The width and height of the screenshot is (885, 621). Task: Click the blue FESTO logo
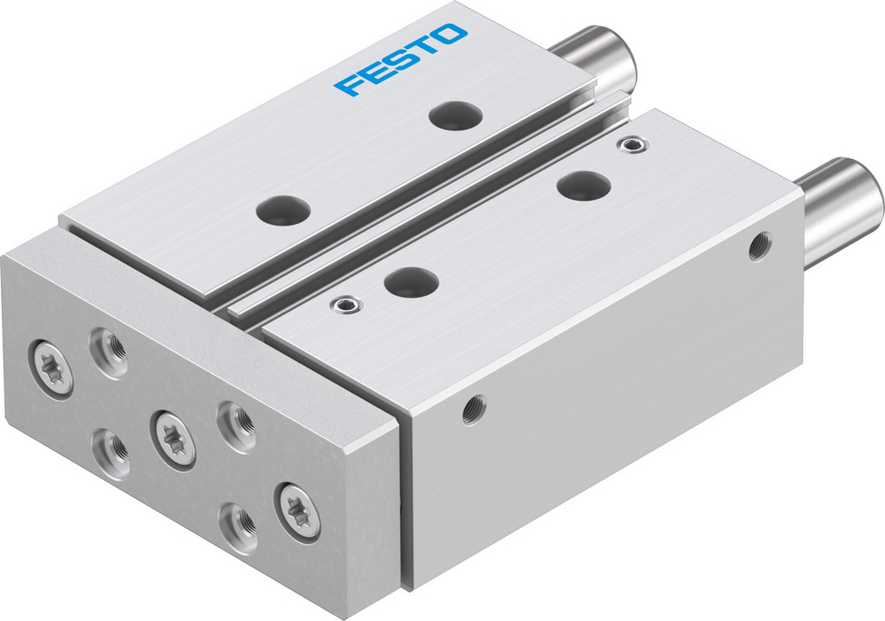click(401, 60)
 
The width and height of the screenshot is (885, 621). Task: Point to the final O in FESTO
click(450, 36)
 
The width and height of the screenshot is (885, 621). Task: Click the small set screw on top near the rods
click(629, 144)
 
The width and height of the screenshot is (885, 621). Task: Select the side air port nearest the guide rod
click(758, 246)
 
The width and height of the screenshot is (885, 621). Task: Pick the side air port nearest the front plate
click(473, 408)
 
